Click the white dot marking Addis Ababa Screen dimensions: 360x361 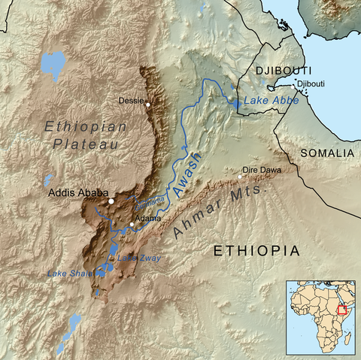coord(111,201)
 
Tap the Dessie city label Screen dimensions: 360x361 coord(132,100)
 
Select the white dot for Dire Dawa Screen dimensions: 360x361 coord(241,177)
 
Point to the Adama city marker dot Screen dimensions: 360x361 coord(132,224)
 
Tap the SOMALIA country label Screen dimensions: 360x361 coord(327,153)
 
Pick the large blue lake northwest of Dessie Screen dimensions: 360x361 coord(53,65)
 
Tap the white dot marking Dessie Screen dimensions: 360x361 coord(149,104)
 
